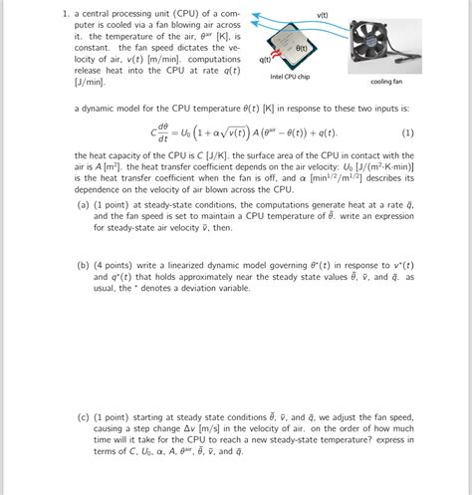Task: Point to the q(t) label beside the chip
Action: pyautogui.click(x=265, y=60)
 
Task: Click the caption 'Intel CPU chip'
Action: pyautogui.click(x=290, y=77)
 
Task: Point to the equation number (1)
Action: pyautogui.click(x=407, y=132)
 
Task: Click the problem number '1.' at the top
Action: pyautogui.click(x=63, y=15)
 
